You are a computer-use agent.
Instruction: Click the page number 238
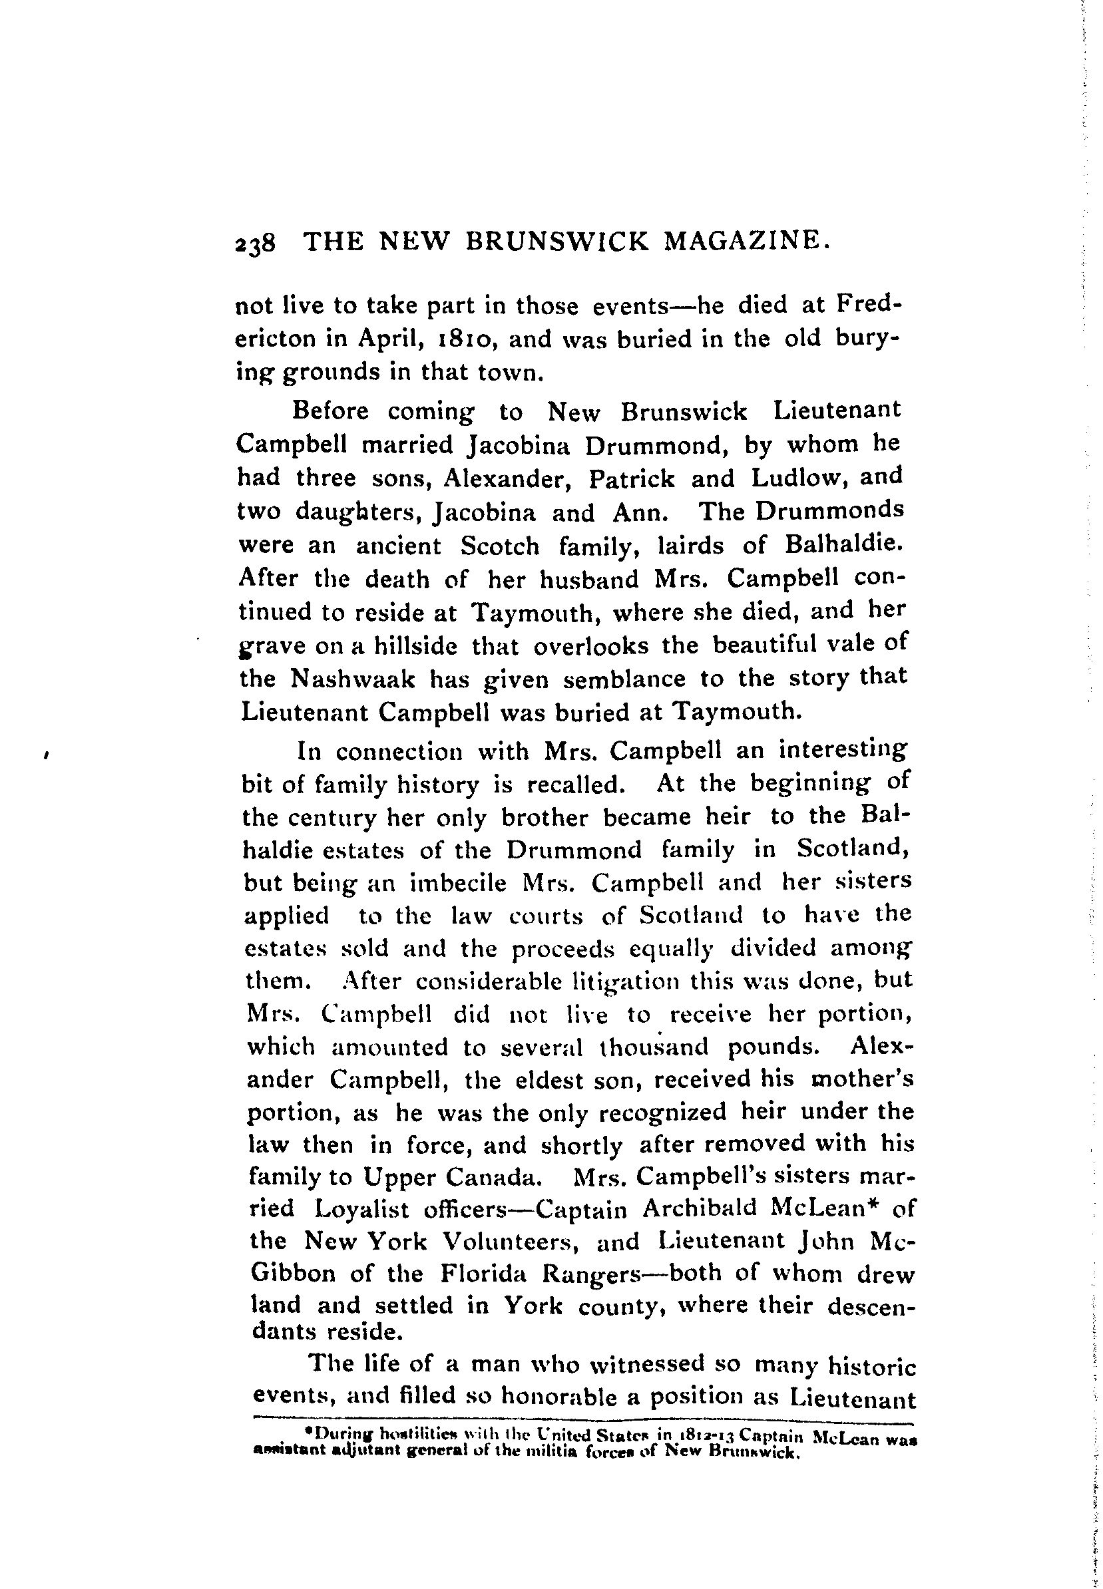click(256, 245)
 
